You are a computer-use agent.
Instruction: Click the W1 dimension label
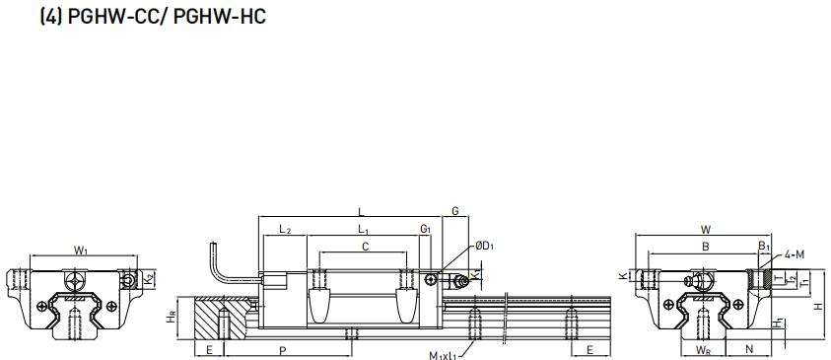pyautogui.click(x=81, y=251)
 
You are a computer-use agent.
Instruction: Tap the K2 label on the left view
pyautogui.click(x=149, y=277)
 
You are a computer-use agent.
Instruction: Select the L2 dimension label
pyautogui.click(x=285, y=229)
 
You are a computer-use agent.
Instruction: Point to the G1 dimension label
pyautogui.click(x=425, y=229)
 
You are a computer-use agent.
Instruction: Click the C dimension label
pyautogui.click(x=365, y=247)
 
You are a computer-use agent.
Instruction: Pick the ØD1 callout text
pyautogui.click(x=484, y=246)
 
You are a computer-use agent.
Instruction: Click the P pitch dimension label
pyautogui.click(x=283, y=350)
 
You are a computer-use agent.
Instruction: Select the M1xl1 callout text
pyautogui.click(x=443, y=354)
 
